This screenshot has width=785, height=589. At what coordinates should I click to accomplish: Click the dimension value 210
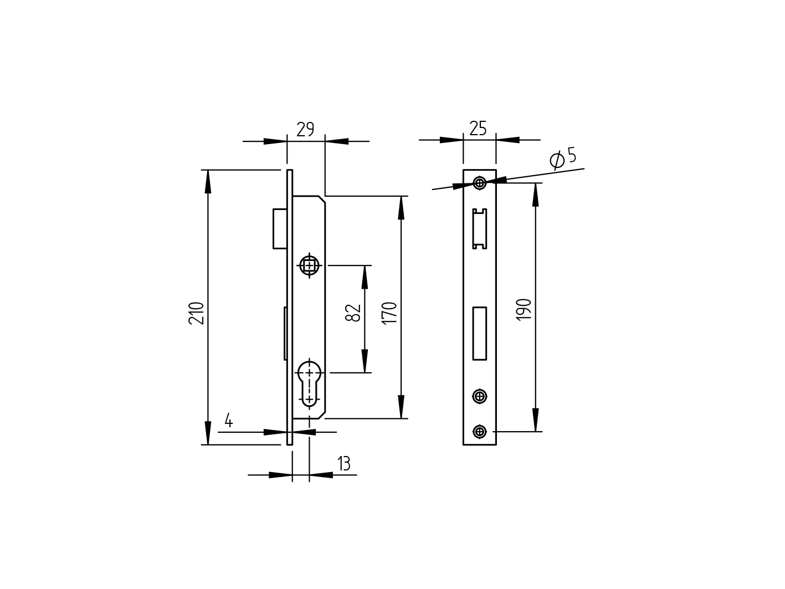(197, 313)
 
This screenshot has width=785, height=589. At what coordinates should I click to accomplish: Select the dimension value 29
(305, 130)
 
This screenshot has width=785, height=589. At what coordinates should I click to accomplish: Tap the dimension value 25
(478, 129)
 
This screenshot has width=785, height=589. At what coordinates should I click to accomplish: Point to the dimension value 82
(353, 313)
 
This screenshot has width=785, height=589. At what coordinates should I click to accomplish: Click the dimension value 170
(389, 313)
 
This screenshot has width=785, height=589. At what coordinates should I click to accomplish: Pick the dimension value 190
(524, 310)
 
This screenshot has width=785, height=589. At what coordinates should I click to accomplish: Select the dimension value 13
(344, 463)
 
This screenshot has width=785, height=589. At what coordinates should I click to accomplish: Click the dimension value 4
(228, 421)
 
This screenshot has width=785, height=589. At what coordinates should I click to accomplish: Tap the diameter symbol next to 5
(557, 160)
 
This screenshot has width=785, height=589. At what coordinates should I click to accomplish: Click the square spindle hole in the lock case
(309, 265)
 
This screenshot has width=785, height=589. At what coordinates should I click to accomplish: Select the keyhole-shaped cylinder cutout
(309, 382)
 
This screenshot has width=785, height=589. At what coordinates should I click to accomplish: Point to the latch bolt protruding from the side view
(280, 228)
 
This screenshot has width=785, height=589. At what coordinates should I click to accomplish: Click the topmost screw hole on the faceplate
(480, 183)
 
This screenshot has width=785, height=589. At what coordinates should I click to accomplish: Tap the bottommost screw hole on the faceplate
(480, 431)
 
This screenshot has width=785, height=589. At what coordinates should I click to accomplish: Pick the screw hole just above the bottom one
(480, 396)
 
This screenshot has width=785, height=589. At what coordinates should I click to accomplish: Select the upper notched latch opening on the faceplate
(479, 228)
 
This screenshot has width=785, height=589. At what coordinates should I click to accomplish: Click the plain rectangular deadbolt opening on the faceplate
(479, 333)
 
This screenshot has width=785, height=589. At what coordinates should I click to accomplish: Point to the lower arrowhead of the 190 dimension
(535, 421)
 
